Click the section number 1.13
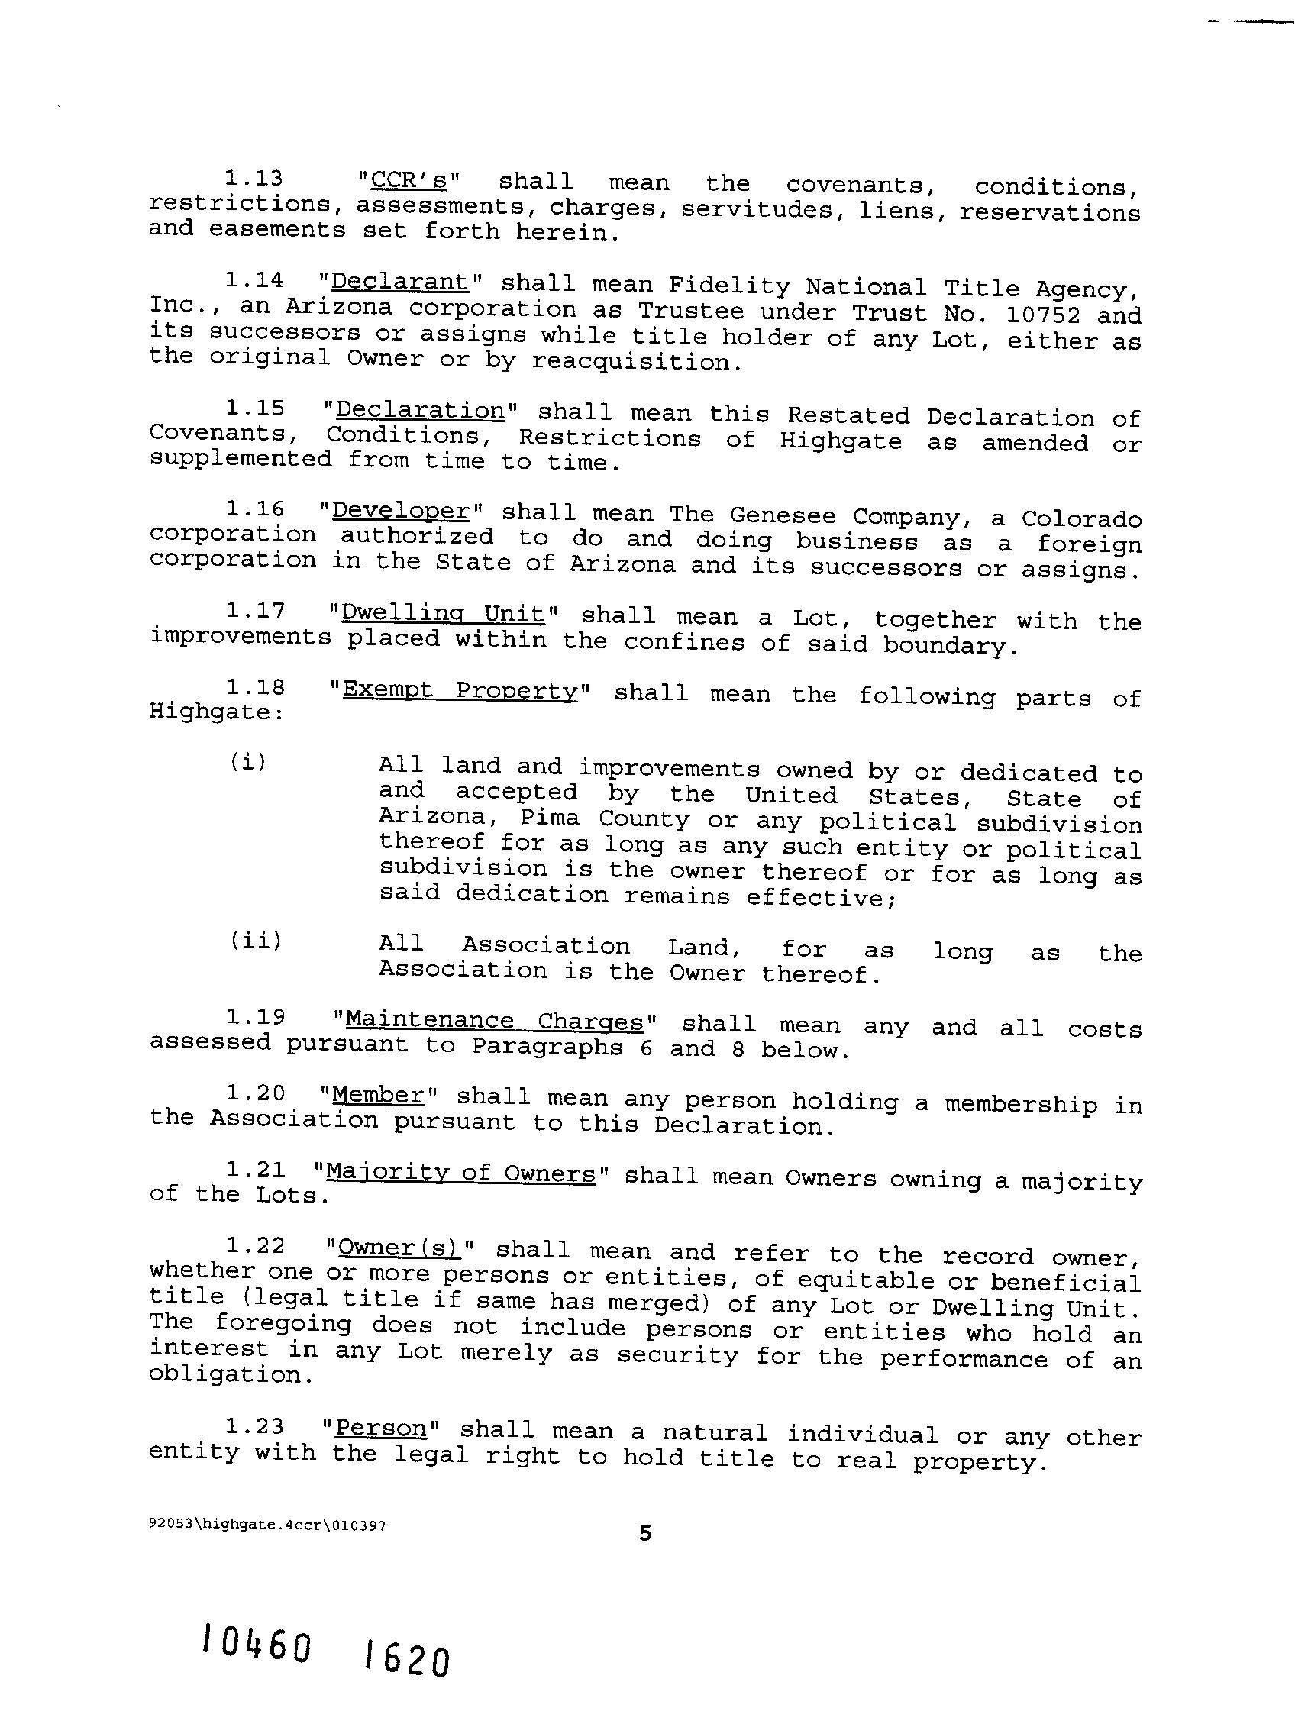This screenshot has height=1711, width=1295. click(254, 179)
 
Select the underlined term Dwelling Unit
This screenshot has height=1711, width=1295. click(444, 613)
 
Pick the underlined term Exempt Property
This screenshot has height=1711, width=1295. click(460, 690)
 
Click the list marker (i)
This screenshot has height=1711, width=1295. click(247, 762)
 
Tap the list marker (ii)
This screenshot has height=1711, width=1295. click(255, 941)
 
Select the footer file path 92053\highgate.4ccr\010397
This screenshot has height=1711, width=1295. click(267, 1525)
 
